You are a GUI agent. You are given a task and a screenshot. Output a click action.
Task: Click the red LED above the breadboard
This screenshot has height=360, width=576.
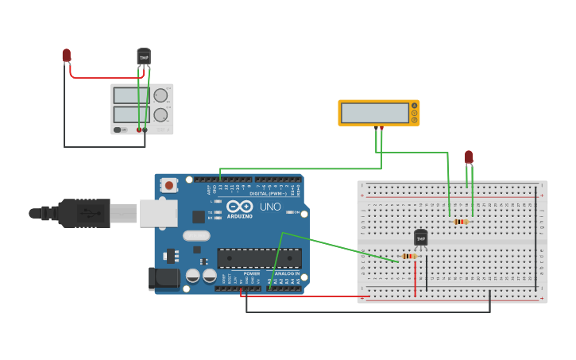tap(469, 157)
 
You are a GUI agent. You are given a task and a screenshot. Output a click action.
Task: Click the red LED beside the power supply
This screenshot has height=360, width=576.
tap(67, 55)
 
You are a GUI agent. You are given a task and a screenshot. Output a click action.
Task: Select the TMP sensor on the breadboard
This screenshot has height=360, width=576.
tap(421, 237)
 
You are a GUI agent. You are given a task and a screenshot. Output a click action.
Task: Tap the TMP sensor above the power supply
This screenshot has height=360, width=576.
tap(144, 56)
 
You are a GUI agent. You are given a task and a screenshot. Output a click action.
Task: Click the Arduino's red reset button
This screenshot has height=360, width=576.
tap(168, 185)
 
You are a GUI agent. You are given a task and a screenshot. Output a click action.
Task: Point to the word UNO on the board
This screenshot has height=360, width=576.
tap(270, 207)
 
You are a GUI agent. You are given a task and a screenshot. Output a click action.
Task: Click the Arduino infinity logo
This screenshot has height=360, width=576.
tap(239, 206)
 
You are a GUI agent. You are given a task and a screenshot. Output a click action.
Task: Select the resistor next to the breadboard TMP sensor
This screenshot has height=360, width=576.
tap(409, 256)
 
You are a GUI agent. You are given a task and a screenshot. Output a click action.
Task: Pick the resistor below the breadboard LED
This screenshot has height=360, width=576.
tap(461, 222)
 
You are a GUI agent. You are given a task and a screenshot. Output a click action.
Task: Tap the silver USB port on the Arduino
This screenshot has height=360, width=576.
tap(158, 213)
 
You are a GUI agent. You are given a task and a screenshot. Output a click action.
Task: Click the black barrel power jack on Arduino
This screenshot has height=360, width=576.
tap(163, 278)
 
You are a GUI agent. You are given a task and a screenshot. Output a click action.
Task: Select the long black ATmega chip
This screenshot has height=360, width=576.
tap(259, 258)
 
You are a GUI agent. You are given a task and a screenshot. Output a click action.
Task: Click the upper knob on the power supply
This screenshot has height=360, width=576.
tap(160, 95)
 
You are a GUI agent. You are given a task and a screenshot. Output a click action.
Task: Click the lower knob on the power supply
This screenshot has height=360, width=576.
tap(160, 114)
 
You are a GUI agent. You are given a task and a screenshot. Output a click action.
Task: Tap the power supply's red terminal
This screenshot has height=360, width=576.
tap(139, 130)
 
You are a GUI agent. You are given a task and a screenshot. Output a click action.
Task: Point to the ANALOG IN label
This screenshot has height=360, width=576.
tap(288, 273)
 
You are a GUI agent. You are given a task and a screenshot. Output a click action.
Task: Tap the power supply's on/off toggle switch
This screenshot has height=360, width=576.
tap(118, 130)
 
